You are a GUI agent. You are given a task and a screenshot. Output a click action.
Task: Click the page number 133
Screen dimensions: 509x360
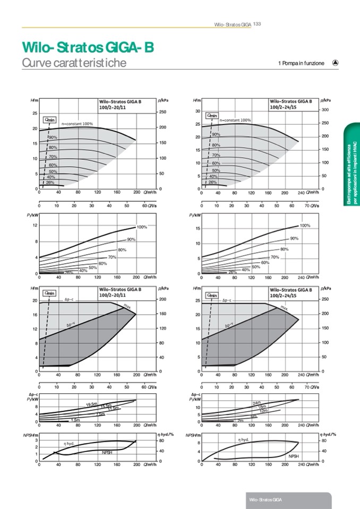click(x=256, y=24)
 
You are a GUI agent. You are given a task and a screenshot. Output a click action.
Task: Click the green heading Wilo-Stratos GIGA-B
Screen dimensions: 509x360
click(x=88, y=48)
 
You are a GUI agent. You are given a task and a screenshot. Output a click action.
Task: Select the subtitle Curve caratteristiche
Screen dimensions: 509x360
click(x=74, y=63)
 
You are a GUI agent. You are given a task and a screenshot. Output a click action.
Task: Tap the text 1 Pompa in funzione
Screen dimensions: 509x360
click(x=301, y=63)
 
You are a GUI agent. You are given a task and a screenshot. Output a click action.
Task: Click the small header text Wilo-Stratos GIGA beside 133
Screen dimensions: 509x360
click(x=232, y=24)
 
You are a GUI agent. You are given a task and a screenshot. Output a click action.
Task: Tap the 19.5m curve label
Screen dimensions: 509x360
click(x=91, y=404)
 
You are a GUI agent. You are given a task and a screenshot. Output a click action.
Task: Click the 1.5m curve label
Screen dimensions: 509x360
click(x=75, y=420)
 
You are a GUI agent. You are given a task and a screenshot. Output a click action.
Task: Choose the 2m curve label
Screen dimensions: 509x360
click(x=240, y=420)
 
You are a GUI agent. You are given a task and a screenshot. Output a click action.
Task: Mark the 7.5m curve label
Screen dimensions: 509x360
click(x=101, y=414)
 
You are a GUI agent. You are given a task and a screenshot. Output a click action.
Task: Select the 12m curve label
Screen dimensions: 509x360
click(x=263, y=411)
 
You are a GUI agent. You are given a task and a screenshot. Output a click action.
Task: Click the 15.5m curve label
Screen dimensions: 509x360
click(x=106, y=406)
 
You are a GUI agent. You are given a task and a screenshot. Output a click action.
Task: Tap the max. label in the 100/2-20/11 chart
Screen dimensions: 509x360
click(x=127, y=306)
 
